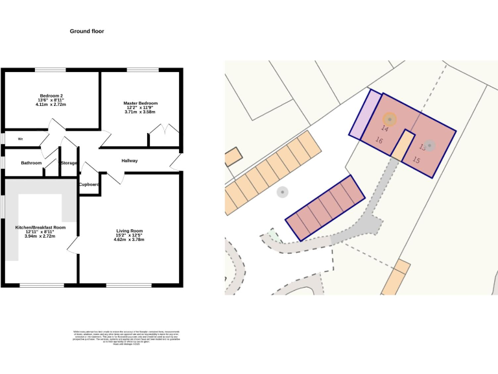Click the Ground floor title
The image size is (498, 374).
tap(87, 31)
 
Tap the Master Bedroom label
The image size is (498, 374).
tap(141, 103)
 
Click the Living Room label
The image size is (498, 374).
tap(129, 231)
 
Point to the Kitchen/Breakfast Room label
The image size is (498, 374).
tap(40, 227)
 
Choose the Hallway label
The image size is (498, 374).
tap(130, 161)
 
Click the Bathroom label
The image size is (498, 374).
tap(31, 163)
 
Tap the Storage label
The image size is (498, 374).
tap(69, 163)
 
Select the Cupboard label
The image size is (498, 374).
tap(89, 184)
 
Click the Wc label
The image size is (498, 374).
tap(21, 139)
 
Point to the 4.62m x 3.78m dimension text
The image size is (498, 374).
tap(129, 240)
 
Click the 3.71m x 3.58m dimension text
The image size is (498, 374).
tap(141, 112)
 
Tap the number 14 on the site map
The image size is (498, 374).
tap(385, 129)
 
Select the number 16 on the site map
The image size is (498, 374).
tap(379, 141)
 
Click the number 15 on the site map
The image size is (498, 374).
tap(416, 160)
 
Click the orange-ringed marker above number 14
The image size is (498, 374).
tap(389, 119)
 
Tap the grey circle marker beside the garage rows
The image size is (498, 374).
tap(282, 192)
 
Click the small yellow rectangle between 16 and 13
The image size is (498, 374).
tap(402, 146)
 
